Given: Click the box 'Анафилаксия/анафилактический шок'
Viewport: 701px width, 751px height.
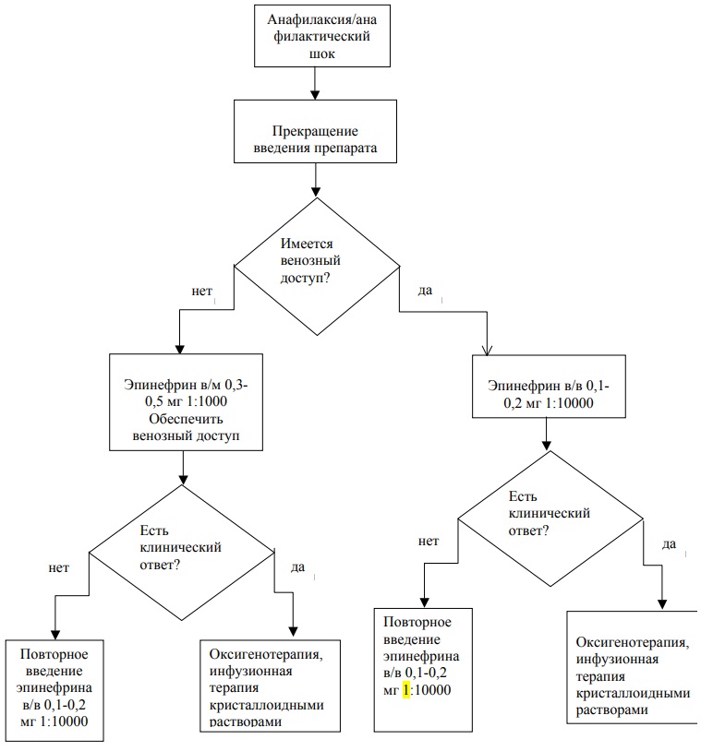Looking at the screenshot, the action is [321, 36].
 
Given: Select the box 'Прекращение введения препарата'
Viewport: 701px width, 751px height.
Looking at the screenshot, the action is [315, 131].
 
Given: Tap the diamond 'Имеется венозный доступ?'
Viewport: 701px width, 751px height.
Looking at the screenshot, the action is [317, 267].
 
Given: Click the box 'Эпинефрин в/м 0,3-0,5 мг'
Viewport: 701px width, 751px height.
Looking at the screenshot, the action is [186, 402].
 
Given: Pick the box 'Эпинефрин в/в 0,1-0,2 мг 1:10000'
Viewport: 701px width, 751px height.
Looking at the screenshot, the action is [549, 386].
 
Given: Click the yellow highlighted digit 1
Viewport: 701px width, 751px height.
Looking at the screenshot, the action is [406, 690].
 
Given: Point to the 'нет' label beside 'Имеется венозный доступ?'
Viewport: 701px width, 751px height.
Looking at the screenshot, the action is [202, 292].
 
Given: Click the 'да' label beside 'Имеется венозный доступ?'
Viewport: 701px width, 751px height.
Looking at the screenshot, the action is [425, 291].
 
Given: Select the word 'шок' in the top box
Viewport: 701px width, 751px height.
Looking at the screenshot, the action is [321, 54].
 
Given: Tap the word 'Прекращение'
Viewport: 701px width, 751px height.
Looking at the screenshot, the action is [315, 131].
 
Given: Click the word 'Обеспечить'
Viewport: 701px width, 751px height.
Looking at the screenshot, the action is [186, 419].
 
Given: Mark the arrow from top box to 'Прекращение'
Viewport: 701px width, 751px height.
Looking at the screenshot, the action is [315, 83].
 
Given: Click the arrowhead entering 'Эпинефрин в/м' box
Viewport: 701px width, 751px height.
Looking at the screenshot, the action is [180, 349].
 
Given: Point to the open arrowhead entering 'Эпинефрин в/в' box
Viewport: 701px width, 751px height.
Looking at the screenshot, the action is [487, 351].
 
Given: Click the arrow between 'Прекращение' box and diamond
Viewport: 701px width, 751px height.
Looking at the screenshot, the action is [315, 180].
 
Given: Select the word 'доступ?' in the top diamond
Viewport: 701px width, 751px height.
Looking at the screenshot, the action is [306, 278].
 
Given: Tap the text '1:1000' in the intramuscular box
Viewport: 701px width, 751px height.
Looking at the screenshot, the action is [206, 401].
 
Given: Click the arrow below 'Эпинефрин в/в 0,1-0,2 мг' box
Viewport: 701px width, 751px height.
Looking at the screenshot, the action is [546, 434].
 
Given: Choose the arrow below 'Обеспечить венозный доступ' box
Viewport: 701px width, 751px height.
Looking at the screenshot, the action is [183, 468].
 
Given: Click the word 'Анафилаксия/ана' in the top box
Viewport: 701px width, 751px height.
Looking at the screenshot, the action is [321, 19].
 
